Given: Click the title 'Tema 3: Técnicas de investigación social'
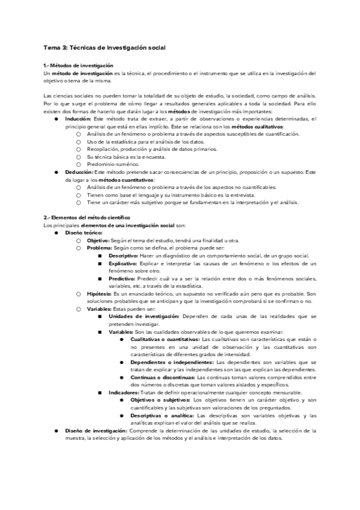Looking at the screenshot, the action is coord(105,47).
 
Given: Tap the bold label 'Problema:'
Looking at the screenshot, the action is coord(100,248).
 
